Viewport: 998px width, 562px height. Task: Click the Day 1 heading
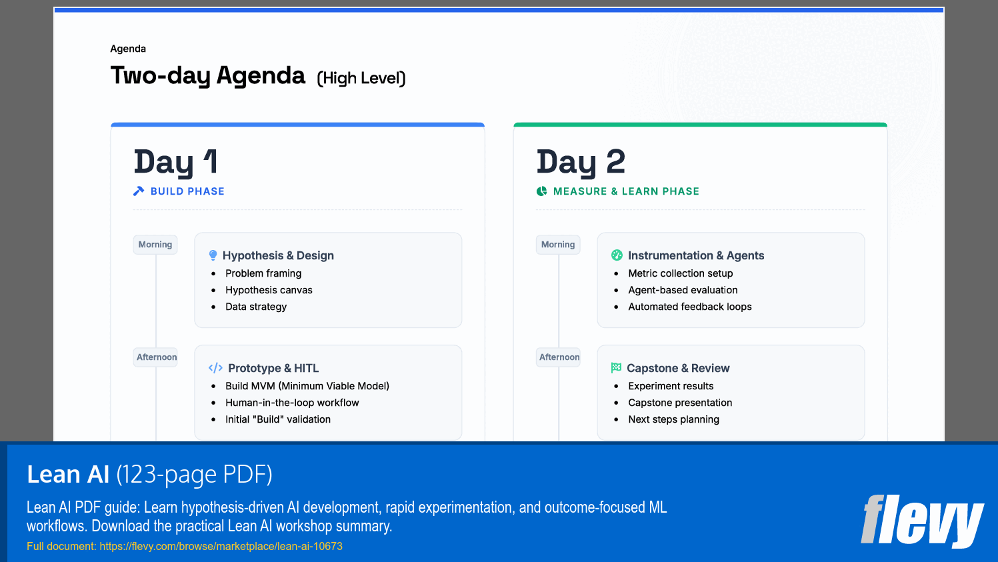[175, 162]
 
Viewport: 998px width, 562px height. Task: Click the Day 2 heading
[581, 162]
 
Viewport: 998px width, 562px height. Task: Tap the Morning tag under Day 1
[155, 245]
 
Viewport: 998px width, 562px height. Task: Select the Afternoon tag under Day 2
[559, 357]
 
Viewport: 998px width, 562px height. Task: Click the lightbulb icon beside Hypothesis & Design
[213, 255]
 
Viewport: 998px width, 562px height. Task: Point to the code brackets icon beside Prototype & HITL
[215, 368]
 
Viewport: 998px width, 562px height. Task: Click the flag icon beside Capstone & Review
[616, 368]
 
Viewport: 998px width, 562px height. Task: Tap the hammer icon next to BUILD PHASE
[139, 191]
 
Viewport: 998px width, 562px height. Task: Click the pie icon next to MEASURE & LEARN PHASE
[541, 191]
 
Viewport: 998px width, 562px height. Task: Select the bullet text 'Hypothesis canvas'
[269, 290]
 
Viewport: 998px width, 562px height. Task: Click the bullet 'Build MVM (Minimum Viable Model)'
[307, 386]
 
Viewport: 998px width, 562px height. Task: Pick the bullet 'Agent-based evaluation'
[683, 290]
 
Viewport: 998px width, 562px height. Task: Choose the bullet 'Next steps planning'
[673, 419]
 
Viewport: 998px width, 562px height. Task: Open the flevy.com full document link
[221, 547]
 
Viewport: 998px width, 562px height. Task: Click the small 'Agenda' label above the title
[128, 49]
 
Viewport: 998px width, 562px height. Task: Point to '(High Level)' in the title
[361, 79]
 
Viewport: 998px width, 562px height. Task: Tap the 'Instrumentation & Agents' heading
[695, 255]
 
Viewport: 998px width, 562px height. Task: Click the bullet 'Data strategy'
[256, 307]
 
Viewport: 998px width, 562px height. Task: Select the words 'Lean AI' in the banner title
[68, 475]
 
